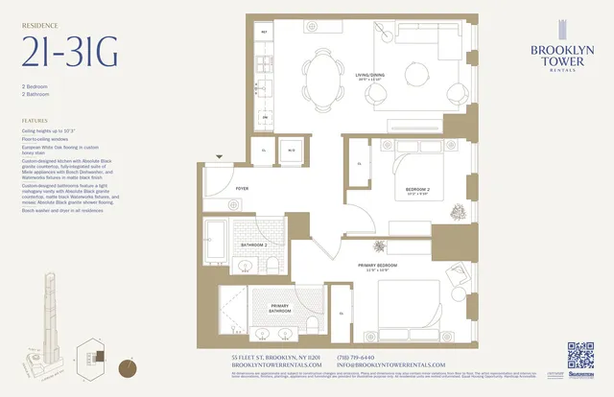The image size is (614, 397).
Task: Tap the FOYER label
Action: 242,189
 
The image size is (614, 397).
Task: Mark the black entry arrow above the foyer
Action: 220,155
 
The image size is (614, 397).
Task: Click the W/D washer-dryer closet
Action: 290,151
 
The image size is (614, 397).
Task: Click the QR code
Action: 581,355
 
